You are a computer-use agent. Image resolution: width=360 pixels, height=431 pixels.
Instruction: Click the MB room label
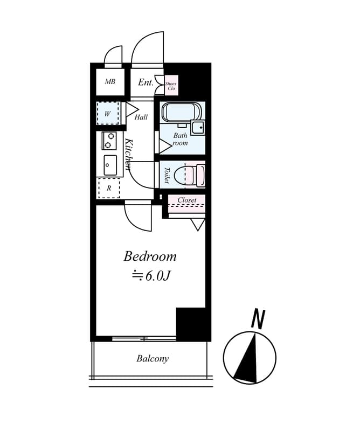110,82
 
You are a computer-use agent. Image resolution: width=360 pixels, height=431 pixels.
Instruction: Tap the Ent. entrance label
146,82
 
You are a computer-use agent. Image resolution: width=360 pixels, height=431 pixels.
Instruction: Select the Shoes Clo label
171,86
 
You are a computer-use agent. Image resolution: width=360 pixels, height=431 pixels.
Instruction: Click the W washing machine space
108,113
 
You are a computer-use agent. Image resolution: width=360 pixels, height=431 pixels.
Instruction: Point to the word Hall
141,117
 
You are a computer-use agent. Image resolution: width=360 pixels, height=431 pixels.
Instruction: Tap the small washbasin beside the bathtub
198,128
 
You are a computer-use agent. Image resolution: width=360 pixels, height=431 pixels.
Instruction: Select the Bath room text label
180,139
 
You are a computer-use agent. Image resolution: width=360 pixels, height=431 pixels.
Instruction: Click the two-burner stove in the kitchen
109,141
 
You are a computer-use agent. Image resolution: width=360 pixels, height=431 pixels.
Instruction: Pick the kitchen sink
110,165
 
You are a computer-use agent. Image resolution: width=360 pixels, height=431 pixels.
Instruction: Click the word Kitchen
129,154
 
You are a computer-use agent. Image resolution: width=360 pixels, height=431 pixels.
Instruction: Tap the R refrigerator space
109,188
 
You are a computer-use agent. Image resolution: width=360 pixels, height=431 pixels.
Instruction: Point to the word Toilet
167,175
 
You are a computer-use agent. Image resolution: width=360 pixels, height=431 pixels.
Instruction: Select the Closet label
187,200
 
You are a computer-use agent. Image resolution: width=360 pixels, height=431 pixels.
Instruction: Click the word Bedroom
150,256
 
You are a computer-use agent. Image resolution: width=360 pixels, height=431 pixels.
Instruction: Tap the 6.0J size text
151,276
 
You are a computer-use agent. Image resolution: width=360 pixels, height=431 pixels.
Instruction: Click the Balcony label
153,358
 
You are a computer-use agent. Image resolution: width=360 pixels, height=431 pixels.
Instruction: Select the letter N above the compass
258,318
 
